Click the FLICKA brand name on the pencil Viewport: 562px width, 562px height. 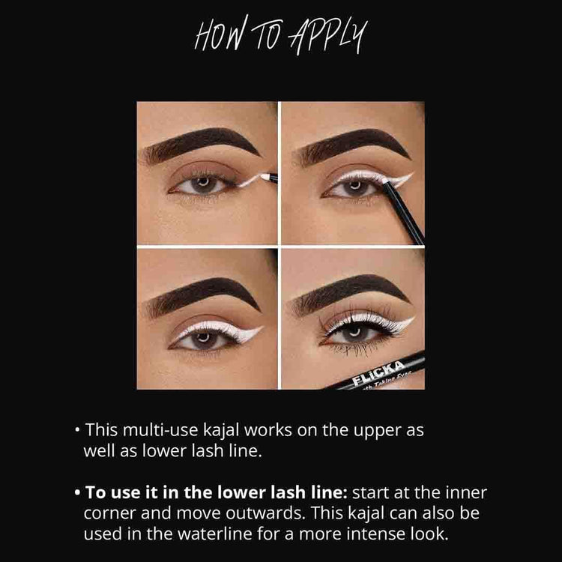[x=378, y=372]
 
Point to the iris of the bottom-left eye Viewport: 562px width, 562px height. [x=204, y=339]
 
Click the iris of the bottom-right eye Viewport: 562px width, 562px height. [x=354, y=334]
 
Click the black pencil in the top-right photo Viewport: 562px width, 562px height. [x=403, y=211]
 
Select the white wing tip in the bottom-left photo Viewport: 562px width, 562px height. [x=262, y=327]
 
